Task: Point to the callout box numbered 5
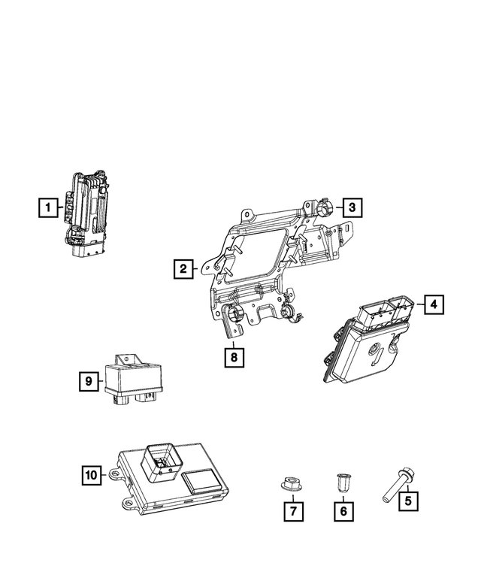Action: tap(407, 498)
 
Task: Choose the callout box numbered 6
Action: tap(343, 511)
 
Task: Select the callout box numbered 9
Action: tap(89, 382)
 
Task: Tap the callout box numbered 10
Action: tap(91, 474)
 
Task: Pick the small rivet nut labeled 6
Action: tap(342, 480)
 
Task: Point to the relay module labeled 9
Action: tap(135, 379)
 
